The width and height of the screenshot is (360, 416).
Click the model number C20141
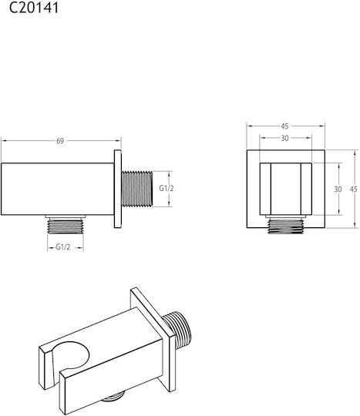(x=34, y=8)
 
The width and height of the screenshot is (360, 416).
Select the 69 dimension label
(x=60, y=141)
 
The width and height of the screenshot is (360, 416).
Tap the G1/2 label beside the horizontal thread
(x=167, y=188)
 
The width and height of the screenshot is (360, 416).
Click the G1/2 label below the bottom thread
(x=63, y=247)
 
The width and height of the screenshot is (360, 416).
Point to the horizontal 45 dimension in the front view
(x=284, y=126)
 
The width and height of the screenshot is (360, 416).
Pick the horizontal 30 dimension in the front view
(x=284, y=138)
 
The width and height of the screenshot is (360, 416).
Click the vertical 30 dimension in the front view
(x=338, y=190)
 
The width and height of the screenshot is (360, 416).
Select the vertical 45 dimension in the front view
(x=353, y=190)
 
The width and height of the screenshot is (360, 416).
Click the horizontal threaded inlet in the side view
(x=137, y=189)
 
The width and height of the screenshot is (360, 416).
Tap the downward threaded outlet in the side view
(x=66, y=226)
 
